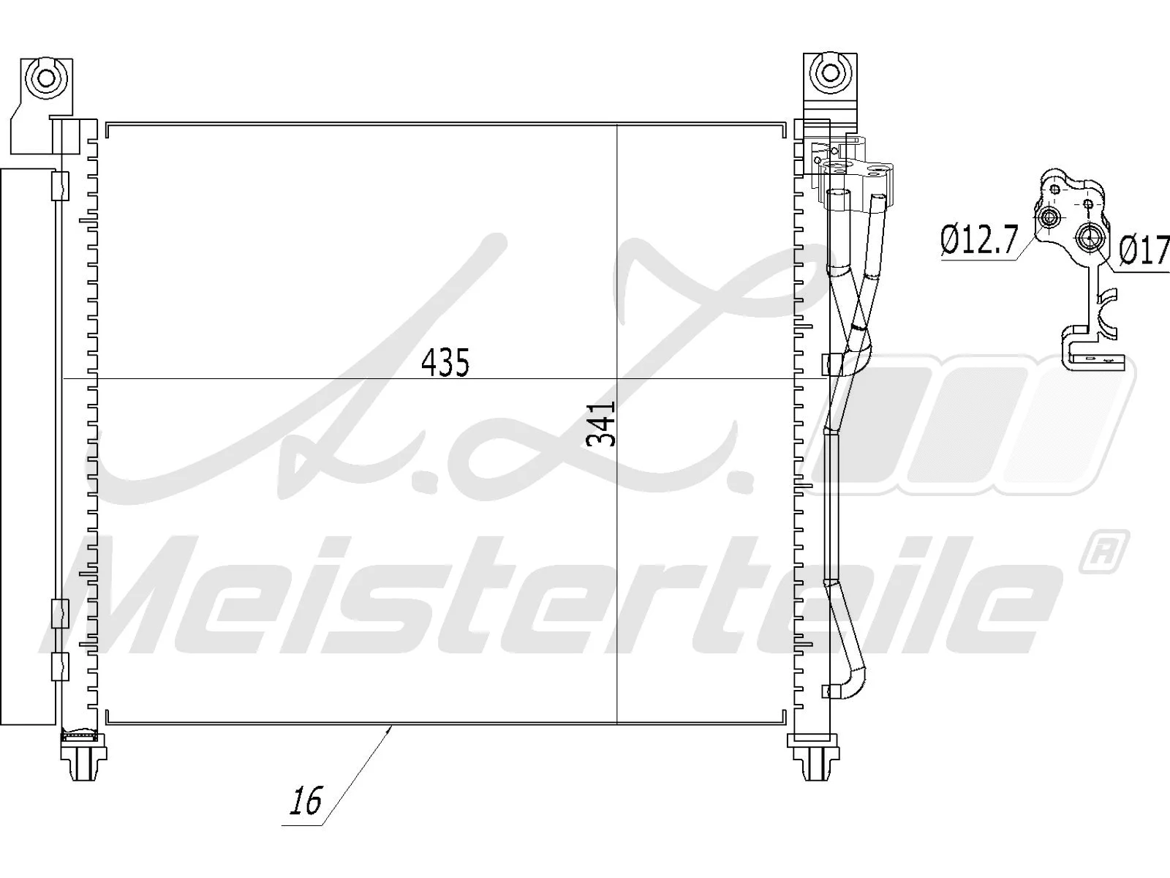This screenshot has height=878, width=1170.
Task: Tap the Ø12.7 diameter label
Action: tap(978, 241)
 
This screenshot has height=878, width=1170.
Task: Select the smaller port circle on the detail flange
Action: tap(1049, 217)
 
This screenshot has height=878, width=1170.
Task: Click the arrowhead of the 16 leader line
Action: tap(391, 727)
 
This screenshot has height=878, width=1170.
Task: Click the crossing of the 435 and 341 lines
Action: tap(617, 378)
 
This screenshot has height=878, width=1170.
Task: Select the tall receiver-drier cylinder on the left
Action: tap(27, 446)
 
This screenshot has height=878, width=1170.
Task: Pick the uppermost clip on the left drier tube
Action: tap(59, 186)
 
